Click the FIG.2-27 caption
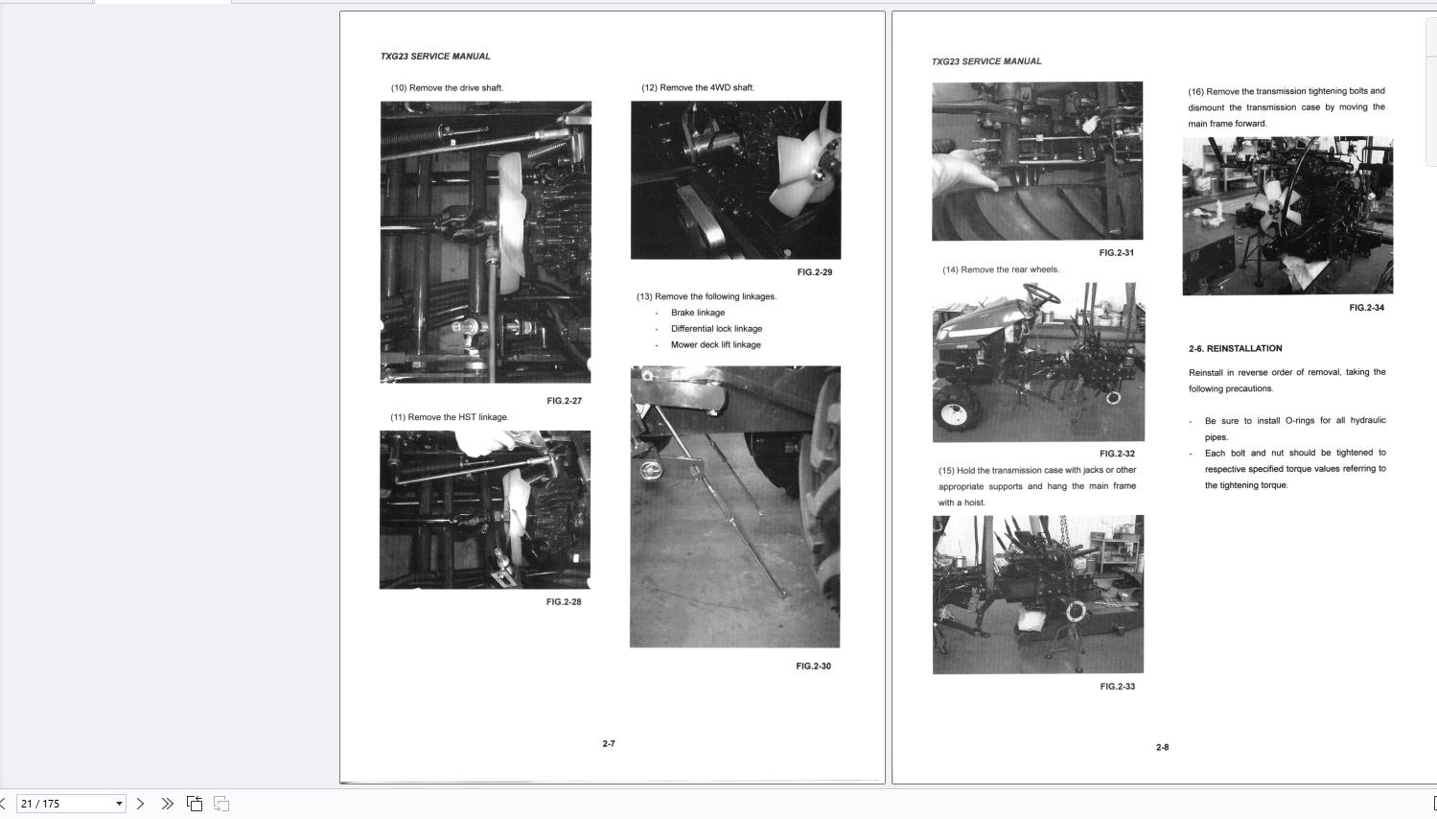coord(564,401)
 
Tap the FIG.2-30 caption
coord(813,667)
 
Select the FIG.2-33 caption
coord(1117,686)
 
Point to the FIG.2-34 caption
coord(1366,308)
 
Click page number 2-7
coord(608,743)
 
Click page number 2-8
coord(1162,747)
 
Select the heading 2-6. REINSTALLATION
coord(1235,348)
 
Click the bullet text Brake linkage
coord(697,313)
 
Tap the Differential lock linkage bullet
coord(716,329)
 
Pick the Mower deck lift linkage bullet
coord(715,344)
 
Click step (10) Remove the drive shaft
coord(447,88)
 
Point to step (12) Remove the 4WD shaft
coord(697,87)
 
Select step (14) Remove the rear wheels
coord(1001,269)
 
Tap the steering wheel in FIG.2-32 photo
coord(1042,294)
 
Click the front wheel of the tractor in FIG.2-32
coord(955,411)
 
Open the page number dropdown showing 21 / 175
coord(71,804)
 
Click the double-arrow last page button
coord(168,804)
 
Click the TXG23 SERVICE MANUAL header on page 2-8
coord(986,61)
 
